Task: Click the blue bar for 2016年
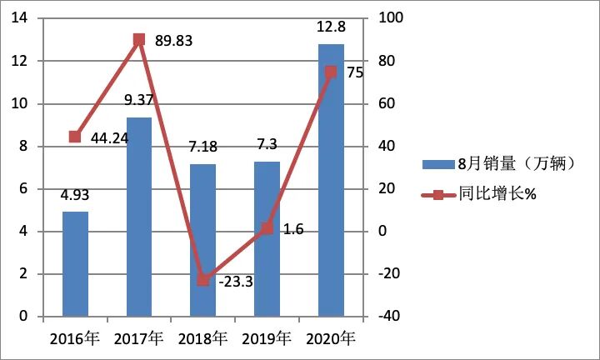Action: [x=75, y=264]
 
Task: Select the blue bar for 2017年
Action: [x=139, y=217]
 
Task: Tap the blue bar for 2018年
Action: [x=202, y=240]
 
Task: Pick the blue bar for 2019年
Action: [x=267, y=239]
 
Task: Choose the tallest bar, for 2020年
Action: [x=331, y=180]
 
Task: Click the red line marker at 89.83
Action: [x=139, y=39]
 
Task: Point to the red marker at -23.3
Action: [x=202, y=280]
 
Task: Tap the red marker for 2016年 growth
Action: [x=75, y=137]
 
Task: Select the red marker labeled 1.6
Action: [x=267, y=227]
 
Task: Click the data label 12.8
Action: [x=331, y=27]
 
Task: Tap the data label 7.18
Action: [x=202, y=148]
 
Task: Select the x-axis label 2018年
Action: [x=202, y=338]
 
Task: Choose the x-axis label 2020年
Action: [x=331, y=338]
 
